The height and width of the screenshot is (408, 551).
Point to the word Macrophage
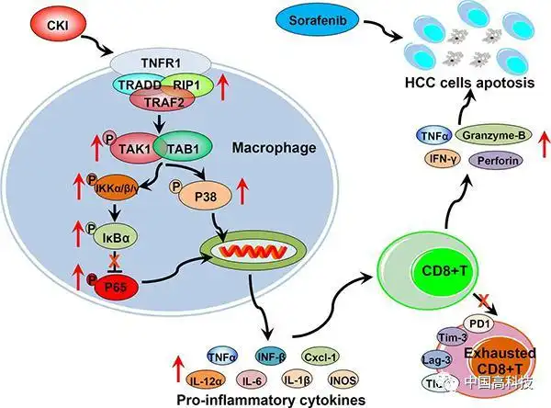pyautogui.click(x=244, y=145)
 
